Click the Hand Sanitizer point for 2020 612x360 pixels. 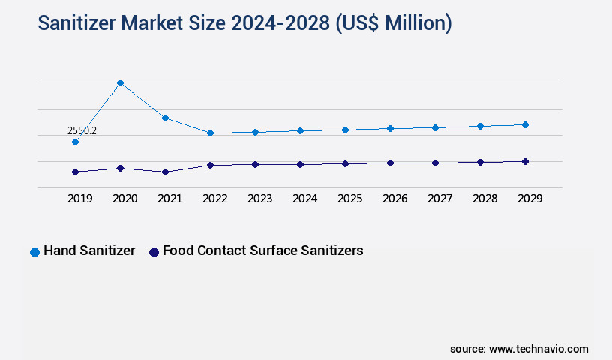120,82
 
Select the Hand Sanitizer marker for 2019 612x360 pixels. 75,142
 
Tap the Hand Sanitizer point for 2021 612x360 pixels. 165,118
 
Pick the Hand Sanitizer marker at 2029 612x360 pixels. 525,124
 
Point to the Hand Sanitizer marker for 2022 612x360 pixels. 210,133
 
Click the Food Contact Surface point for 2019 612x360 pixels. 75,172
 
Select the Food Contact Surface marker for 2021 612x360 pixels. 165,172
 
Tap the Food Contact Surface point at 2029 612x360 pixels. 525,161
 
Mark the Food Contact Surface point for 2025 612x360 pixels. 345,163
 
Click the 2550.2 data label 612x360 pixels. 82,130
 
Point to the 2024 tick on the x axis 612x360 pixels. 304,199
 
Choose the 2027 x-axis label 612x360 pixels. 439,199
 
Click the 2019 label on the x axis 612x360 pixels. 79,199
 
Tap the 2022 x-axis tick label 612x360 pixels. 214,199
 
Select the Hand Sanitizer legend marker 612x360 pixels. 34,252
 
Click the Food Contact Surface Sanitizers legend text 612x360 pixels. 262,250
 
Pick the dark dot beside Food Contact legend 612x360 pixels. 154,252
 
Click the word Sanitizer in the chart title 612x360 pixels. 78,23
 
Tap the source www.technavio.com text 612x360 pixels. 519,349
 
